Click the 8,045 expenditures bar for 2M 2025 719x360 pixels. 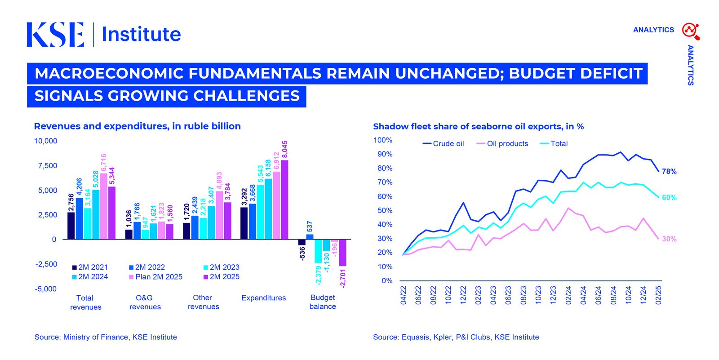click(284, 200)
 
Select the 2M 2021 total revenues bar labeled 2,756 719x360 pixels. click(71, 226)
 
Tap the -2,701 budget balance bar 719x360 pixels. click(342, 253)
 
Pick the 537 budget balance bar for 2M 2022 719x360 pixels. click(310, 236)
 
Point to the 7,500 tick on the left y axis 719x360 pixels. click(46, 166)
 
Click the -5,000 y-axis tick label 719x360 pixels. click(46, 289)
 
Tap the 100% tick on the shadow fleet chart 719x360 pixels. click(383, 140)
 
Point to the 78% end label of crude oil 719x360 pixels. click(669, 172)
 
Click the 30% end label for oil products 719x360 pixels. click(669, 239)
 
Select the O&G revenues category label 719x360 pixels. click(145, 302)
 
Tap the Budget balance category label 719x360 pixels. click(323, 302)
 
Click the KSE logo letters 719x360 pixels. click(55, 35)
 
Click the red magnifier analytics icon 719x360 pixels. click(690, 31)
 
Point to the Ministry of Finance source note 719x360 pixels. click(106, 337)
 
